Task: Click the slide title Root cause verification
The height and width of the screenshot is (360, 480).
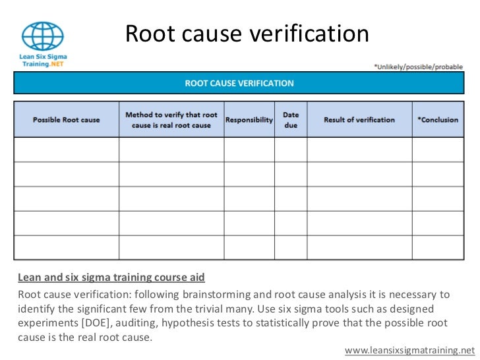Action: point(247,34)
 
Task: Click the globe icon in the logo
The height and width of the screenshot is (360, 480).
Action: point(43,36)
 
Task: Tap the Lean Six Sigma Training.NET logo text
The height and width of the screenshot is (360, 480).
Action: point(43,61)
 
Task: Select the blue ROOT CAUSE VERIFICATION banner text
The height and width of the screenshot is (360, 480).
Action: point(239,84)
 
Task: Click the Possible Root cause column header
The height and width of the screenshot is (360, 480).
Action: point(67,120)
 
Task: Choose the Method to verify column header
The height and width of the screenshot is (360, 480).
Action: point(171,120)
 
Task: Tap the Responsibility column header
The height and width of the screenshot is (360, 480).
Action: point(249,120)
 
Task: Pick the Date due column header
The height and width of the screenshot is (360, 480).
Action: point(291,120)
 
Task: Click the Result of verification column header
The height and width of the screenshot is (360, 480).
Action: point(359,120)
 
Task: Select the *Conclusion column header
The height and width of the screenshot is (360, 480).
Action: point(438,120)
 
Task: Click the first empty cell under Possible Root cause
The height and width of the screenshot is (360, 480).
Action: point(67,150)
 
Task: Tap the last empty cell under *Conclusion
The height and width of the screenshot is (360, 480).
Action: point(438,247)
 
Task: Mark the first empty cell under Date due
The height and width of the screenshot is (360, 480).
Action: point(291,150)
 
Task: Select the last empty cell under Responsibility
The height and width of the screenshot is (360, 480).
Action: point(249,247)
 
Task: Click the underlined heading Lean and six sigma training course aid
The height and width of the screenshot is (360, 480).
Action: point(111,278)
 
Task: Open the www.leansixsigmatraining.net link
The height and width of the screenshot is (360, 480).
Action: point(409,350)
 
